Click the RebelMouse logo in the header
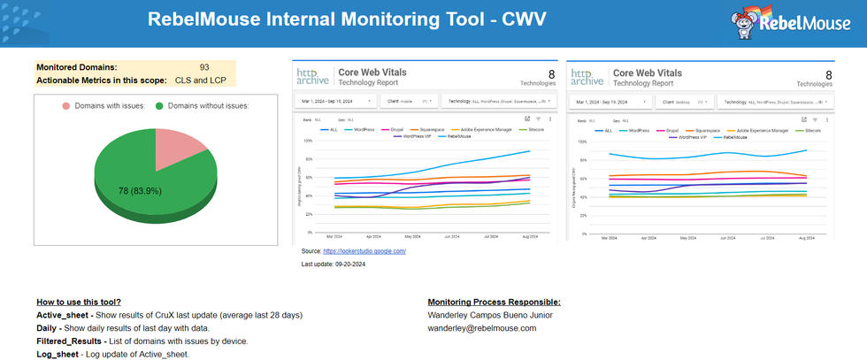point(790,24)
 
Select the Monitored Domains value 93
point(204,67)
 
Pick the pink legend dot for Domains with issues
point(65,106)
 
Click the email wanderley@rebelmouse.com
point(482,328)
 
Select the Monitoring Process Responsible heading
point(494,303)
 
